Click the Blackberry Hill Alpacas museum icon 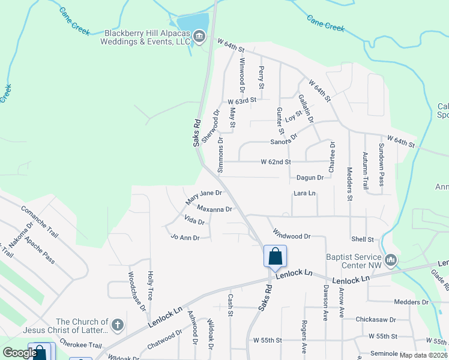(x=199, y=38)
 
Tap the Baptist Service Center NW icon (x=392, y=259)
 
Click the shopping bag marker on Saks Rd (x=275, y=256)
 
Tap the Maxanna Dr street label (x=214, y=209)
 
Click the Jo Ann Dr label (x=185, y=238)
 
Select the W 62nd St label (x=276, y=162)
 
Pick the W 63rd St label (x=242, y=101)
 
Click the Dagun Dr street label (x=310, y=178)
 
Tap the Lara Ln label (x=304, y=193)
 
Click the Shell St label (x=363, y=239)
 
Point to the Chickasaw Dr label (x=376, y=319)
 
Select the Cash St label (x=230, y=304)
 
